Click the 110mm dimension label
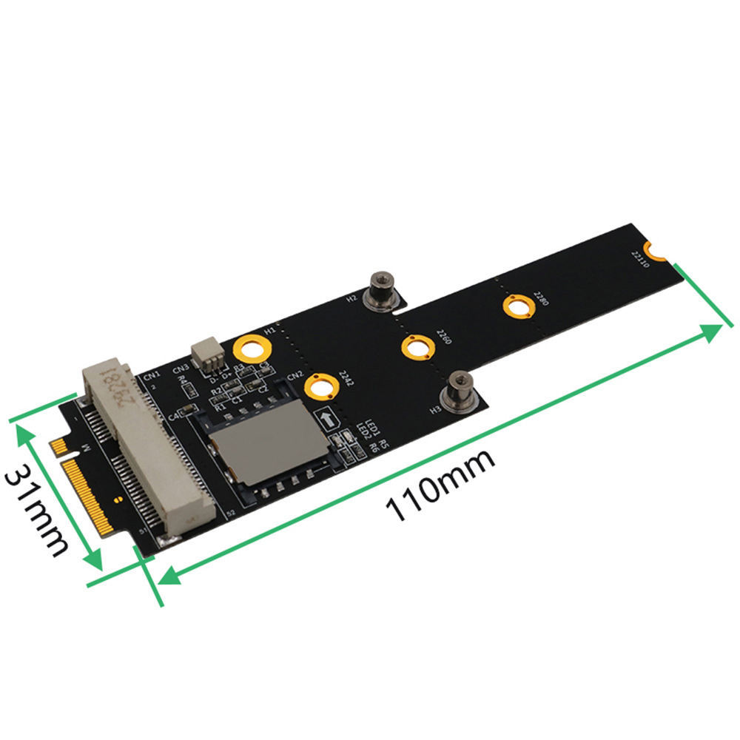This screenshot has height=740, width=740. tap(441, 488)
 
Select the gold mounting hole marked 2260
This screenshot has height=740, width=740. tap(416, 347)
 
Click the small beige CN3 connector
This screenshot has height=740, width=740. tap(206, 357)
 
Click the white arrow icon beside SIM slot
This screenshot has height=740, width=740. tap(327, 420)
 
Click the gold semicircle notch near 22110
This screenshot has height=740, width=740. tap(656, 252)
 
